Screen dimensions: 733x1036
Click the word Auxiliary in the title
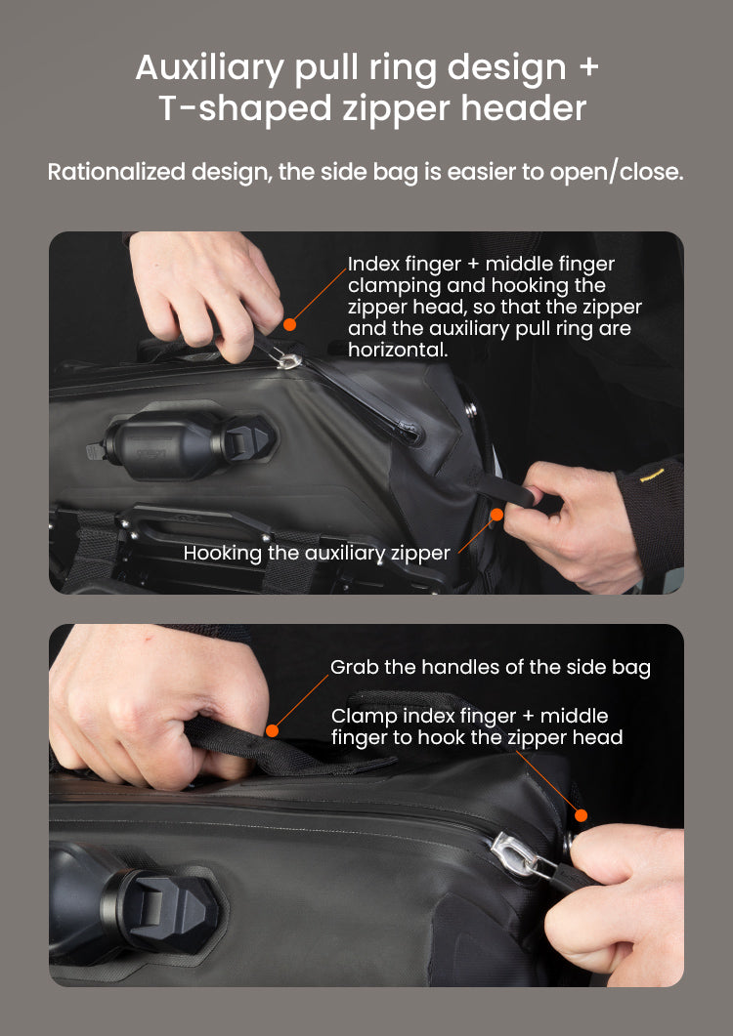210,68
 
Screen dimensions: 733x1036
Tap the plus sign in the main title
588,67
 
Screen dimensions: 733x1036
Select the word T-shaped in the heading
244,108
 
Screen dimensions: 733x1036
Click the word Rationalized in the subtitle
116,172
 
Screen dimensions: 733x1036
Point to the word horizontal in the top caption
398,350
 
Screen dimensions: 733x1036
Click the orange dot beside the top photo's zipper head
289,324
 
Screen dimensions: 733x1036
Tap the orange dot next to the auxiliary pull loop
496,515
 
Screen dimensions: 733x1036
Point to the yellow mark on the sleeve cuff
651,476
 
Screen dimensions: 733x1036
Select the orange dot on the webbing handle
272,730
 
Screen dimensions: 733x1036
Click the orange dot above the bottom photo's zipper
581,815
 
